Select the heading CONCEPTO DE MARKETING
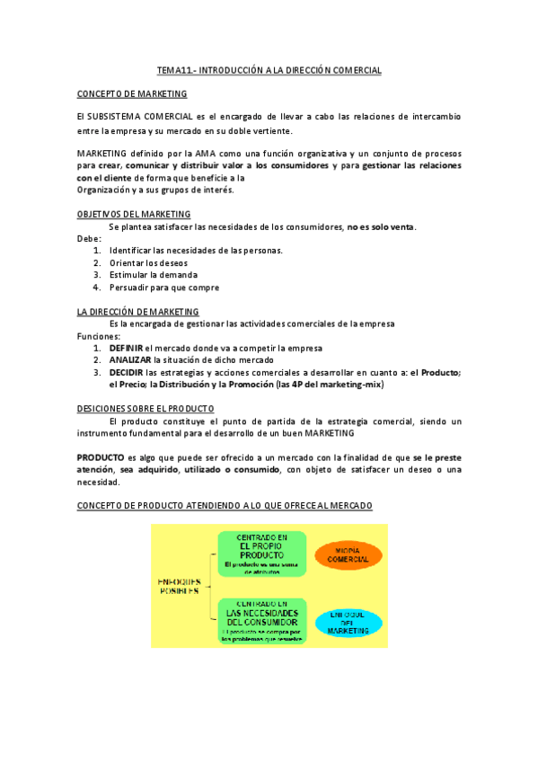pos(132,93)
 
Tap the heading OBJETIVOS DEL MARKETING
pos(134,214)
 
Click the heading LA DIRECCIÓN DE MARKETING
pos(137,311)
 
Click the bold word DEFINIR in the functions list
pos(126,348)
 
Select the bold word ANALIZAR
pos(129,359)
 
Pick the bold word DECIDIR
pos(126,372)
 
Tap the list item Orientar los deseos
pos(148,262)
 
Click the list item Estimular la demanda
pos(153,275)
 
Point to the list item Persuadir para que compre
pos(163,288)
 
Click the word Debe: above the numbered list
pos(89,238)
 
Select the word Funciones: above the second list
pos(99,335)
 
